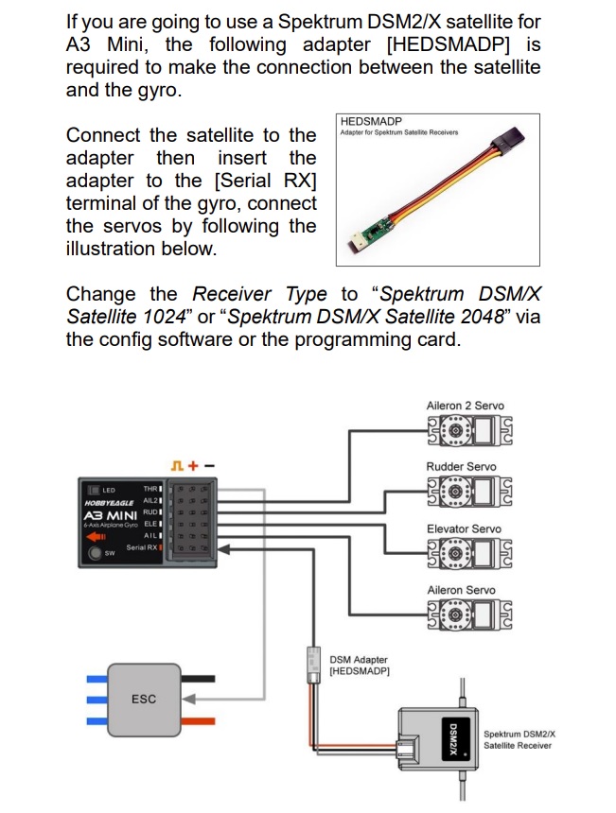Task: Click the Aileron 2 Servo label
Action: (466, 406)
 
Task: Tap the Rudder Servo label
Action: (462, 466)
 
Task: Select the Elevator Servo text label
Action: (464, 528)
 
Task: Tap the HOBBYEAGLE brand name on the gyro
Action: (107, 503)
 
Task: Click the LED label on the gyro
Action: (108, 490)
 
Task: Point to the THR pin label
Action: (150, 489)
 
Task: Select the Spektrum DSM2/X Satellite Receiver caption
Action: (519, 739)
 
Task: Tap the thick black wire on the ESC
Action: (197, 678)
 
